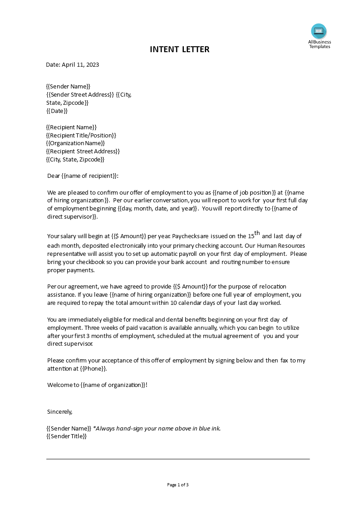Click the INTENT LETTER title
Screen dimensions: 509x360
[x=180, y=49]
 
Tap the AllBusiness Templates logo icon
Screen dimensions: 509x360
[x=319, y=31]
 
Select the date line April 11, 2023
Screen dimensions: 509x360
[x=73, y=64]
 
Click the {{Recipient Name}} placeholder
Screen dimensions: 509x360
[x=71, y=127]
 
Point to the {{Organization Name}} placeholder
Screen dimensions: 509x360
[x=75, y=143]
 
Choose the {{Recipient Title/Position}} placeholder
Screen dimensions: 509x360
[x=81, y=135]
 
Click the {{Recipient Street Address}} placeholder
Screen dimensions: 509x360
[x=83, y=152]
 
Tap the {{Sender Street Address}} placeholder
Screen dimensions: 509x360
[x=80, y=94]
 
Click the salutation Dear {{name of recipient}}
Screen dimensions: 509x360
[x=83, y=176]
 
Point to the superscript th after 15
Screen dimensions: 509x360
[x=257, y=233]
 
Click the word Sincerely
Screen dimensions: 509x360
[x=60, y=411]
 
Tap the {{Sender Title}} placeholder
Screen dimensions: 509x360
[x=66, y=436]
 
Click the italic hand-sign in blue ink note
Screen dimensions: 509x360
[x=157, y=428]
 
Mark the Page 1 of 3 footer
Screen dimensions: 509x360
[x=178, y=485]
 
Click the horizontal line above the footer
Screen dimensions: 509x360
[x=178, y=459]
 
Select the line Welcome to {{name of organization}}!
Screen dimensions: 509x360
[x=97, y=385]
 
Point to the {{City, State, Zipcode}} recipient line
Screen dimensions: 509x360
[x=75, y=160]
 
